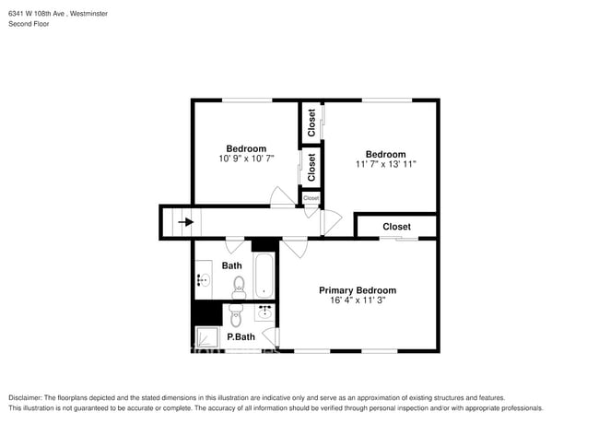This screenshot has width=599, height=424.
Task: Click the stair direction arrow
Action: point(186,221)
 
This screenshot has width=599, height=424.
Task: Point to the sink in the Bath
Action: point(203,281)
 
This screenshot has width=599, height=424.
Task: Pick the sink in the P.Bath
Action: point(264,312)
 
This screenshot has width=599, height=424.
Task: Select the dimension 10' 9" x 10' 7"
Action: point(246,159)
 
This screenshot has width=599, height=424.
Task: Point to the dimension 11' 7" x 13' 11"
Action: point(385,165)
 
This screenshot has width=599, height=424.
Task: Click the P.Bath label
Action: point(241,336)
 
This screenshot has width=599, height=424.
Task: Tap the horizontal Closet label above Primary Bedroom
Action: point(396,227)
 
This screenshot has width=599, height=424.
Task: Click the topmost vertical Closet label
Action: point(311,123)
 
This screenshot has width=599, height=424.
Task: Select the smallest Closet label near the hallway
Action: point(311,198)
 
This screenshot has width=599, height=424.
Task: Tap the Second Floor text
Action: point(29,24)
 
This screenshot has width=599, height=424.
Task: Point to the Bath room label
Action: point(231,265)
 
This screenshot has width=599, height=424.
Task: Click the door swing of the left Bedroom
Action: point(279,197)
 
